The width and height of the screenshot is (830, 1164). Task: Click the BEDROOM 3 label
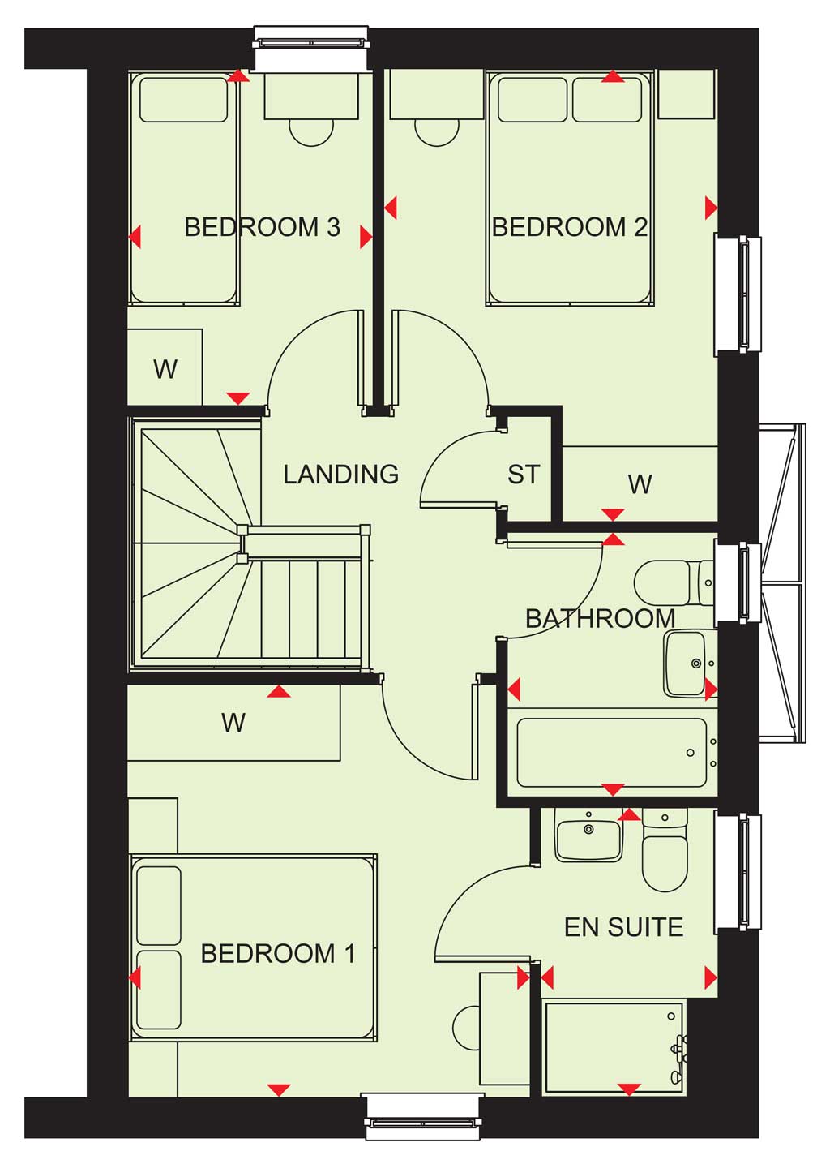click(263, 227)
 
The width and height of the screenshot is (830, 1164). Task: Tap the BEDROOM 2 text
click(570, 227)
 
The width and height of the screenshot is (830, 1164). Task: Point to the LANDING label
click(341, 474)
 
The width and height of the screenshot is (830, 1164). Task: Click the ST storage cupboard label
click(524, 474)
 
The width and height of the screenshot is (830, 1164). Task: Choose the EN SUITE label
click(624, 927)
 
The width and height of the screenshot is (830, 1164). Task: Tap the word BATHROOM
click(601, 618)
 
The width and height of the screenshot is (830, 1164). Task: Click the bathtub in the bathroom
click(613, 752)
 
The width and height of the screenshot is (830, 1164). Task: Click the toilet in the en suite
click(665, 849)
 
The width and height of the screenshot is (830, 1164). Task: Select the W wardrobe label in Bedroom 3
click(165, 369)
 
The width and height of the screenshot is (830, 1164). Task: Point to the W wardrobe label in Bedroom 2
click(640, 484)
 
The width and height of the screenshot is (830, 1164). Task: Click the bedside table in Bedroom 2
click(686, 94)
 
